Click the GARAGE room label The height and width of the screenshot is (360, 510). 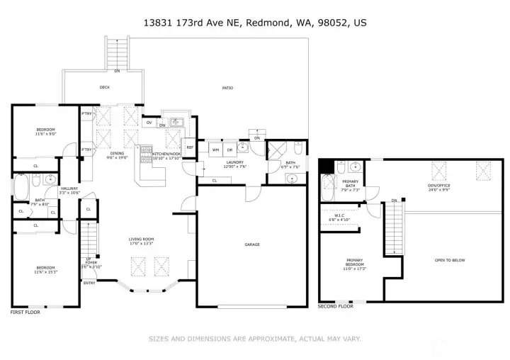252,244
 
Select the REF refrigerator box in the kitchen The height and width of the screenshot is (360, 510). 190,147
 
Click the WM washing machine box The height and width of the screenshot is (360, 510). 215,150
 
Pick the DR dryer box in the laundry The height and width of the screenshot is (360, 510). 229,150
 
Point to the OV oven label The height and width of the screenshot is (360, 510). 149,123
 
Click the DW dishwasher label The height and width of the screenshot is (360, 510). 161,126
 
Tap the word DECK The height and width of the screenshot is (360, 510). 105,88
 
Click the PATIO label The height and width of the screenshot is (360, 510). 227,88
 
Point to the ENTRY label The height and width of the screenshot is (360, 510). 89,283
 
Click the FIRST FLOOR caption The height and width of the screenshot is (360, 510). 25,312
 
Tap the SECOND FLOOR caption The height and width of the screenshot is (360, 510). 334,307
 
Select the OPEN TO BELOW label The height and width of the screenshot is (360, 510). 450,260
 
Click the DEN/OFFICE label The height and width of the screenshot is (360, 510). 439,186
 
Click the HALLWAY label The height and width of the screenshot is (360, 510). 69,189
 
